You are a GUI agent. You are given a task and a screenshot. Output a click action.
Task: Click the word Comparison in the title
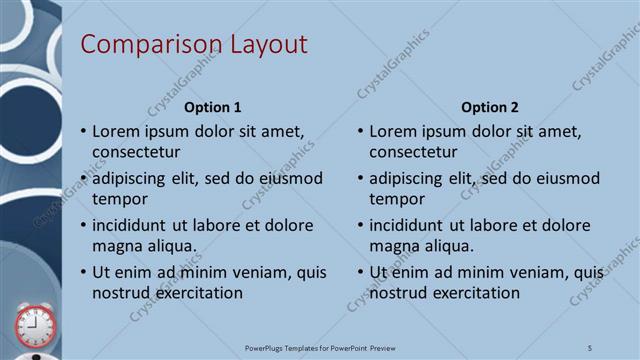pos(139,45)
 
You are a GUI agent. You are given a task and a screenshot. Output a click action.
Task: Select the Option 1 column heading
pos(213,107)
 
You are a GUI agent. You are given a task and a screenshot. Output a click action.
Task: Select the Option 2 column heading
pos(490,107)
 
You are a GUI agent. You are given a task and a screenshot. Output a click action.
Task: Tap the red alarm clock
pos(35,326)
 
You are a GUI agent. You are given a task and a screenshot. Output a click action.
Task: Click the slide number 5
pos(590,347)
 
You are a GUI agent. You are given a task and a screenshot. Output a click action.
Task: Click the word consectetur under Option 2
pos(414,152)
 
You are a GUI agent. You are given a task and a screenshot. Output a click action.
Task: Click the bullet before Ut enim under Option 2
pos(361,272)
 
